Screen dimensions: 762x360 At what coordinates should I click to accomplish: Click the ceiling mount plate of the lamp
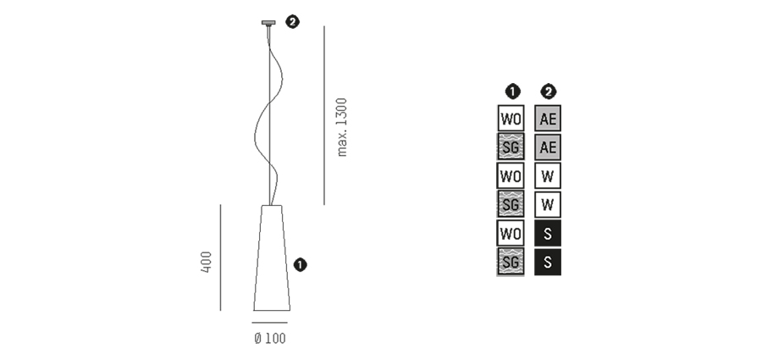click(x=268, y=22)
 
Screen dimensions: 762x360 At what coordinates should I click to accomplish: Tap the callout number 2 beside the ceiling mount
click(x=292, y=22)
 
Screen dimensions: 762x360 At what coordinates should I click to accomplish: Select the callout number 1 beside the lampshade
click(x=301, y=265)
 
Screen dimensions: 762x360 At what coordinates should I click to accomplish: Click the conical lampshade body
click(x=272, y=258)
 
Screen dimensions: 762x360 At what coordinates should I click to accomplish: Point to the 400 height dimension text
click(x=206, y=262)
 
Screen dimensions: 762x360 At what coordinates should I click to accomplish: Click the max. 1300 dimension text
click(x=342, y=127)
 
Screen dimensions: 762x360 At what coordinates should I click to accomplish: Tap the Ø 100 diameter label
click(x=270, y=338)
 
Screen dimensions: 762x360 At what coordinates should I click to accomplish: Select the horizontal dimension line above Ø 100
click(x=270, y=322)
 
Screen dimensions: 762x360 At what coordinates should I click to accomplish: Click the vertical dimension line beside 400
click(x=220, y=258)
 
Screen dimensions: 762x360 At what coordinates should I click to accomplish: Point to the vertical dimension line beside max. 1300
click(x=324, y=115)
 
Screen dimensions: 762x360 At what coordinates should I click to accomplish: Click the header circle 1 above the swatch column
click(x=513, y=91)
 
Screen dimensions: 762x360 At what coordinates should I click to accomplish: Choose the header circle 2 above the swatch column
click(x=548, y=91)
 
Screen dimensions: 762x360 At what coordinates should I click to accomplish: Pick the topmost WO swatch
click(x=511, y=119)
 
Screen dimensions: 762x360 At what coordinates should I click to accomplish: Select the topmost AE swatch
click(x=548, y=119)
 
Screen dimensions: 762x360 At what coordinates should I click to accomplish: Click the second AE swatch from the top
click(x=548, y=147)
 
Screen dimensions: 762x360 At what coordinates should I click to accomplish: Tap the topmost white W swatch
click(x=548, y=175)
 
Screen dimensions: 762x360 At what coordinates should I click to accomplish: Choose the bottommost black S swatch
click(x=548, y=263)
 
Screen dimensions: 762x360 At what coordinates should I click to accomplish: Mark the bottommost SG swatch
click(x=511, y=263)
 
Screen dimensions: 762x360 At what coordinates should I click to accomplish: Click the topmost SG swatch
click(x=511, y=147)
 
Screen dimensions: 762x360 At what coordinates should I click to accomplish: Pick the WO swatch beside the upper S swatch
click(x=511, y=233)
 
